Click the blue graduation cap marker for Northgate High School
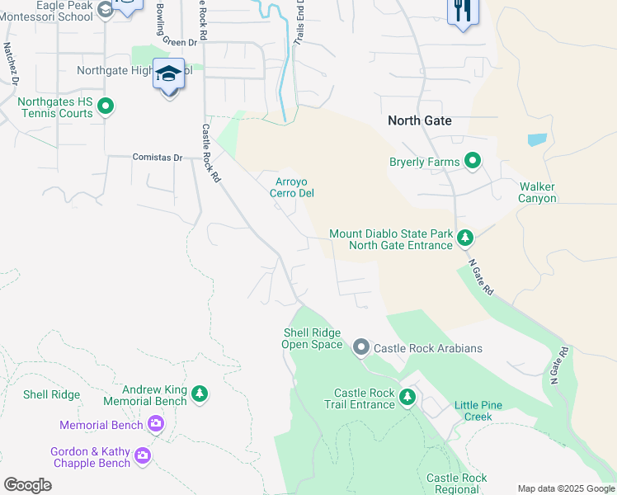pyautogui.click(x=168, y=76)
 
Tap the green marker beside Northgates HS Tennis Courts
pyautogui.click(x=106, y=107)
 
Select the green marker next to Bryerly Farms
pyautogui.click(x=473, y=161)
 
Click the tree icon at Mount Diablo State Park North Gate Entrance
pyautogui.click(x=465, y=238)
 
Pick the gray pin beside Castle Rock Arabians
pyautogui.click(x=360, y=348)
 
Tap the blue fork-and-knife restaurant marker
pyautogui.click(x=462, y=12)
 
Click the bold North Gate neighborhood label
pyautogui.click(x=420, y=120)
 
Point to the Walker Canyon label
pyautogui.click(x=537, y=192)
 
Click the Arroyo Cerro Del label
pyautogui.click(x=293, y=187)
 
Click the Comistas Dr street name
pyautogui.click(x=158, y=157)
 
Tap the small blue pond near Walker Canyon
pyautogui.click(x=536, y=139)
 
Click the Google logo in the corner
pyautogui.click(x=28, y=485)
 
